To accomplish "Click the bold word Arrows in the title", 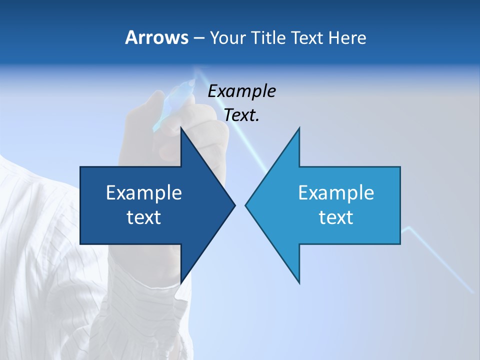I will tap(156, 38).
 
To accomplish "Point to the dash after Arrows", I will tap(199, 38).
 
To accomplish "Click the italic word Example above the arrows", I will tap(241, 91).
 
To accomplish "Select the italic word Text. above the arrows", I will tap(241, 115).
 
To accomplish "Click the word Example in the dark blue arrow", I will tap(144, 192).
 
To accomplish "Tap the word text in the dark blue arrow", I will tap(144, 217).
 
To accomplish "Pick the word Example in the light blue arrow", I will tap(336, 192).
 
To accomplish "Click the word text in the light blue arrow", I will tap(336, 217).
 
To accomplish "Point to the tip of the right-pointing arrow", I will tap(234, 205).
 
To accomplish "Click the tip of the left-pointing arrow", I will tap(246, 205).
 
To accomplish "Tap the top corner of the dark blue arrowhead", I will tap(181, 128).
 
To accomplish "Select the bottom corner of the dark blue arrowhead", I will tap(181, 282).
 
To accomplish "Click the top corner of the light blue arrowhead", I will tap(299, 128).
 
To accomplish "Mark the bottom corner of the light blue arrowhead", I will tap(299, 282).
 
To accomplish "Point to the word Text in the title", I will tap(308, 38).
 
